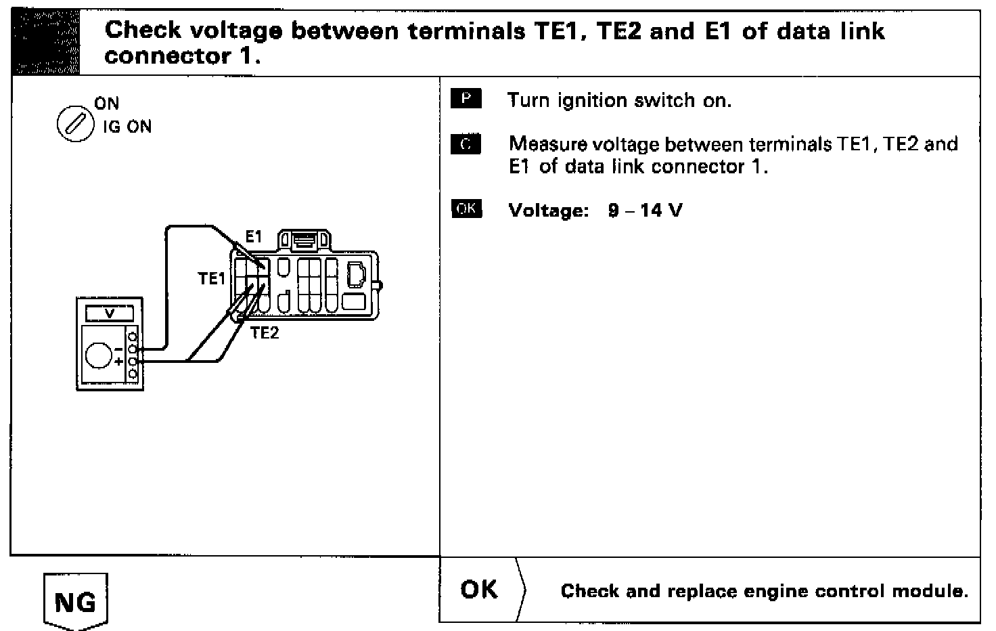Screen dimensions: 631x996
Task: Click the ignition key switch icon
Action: coord(74,125)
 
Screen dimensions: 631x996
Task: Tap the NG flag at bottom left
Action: coord(74,601)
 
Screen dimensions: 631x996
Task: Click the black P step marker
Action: coord(466,100)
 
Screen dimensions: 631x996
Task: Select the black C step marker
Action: coord(466,144)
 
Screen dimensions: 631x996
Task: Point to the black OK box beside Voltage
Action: coord(466,209)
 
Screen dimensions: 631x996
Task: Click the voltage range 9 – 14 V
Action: coord(645,211)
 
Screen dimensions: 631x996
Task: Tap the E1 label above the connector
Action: coord(253,237)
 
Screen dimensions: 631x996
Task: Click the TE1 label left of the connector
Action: coord(211,278)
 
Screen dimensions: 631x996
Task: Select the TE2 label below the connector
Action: coord(265,332)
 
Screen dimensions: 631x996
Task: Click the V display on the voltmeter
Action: coord(109,313)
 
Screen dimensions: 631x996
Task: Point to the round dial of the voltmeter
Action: coord(99,354)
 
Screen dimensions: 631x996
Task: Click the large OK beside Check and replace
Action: coord(479,590)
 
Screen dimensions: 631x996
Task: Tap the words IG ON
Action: coord(127,127)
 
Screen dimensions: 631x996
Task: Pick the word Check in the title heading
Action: coord(143,31)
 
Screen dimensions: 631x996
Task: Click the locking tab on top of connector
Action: coord(305,240)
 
